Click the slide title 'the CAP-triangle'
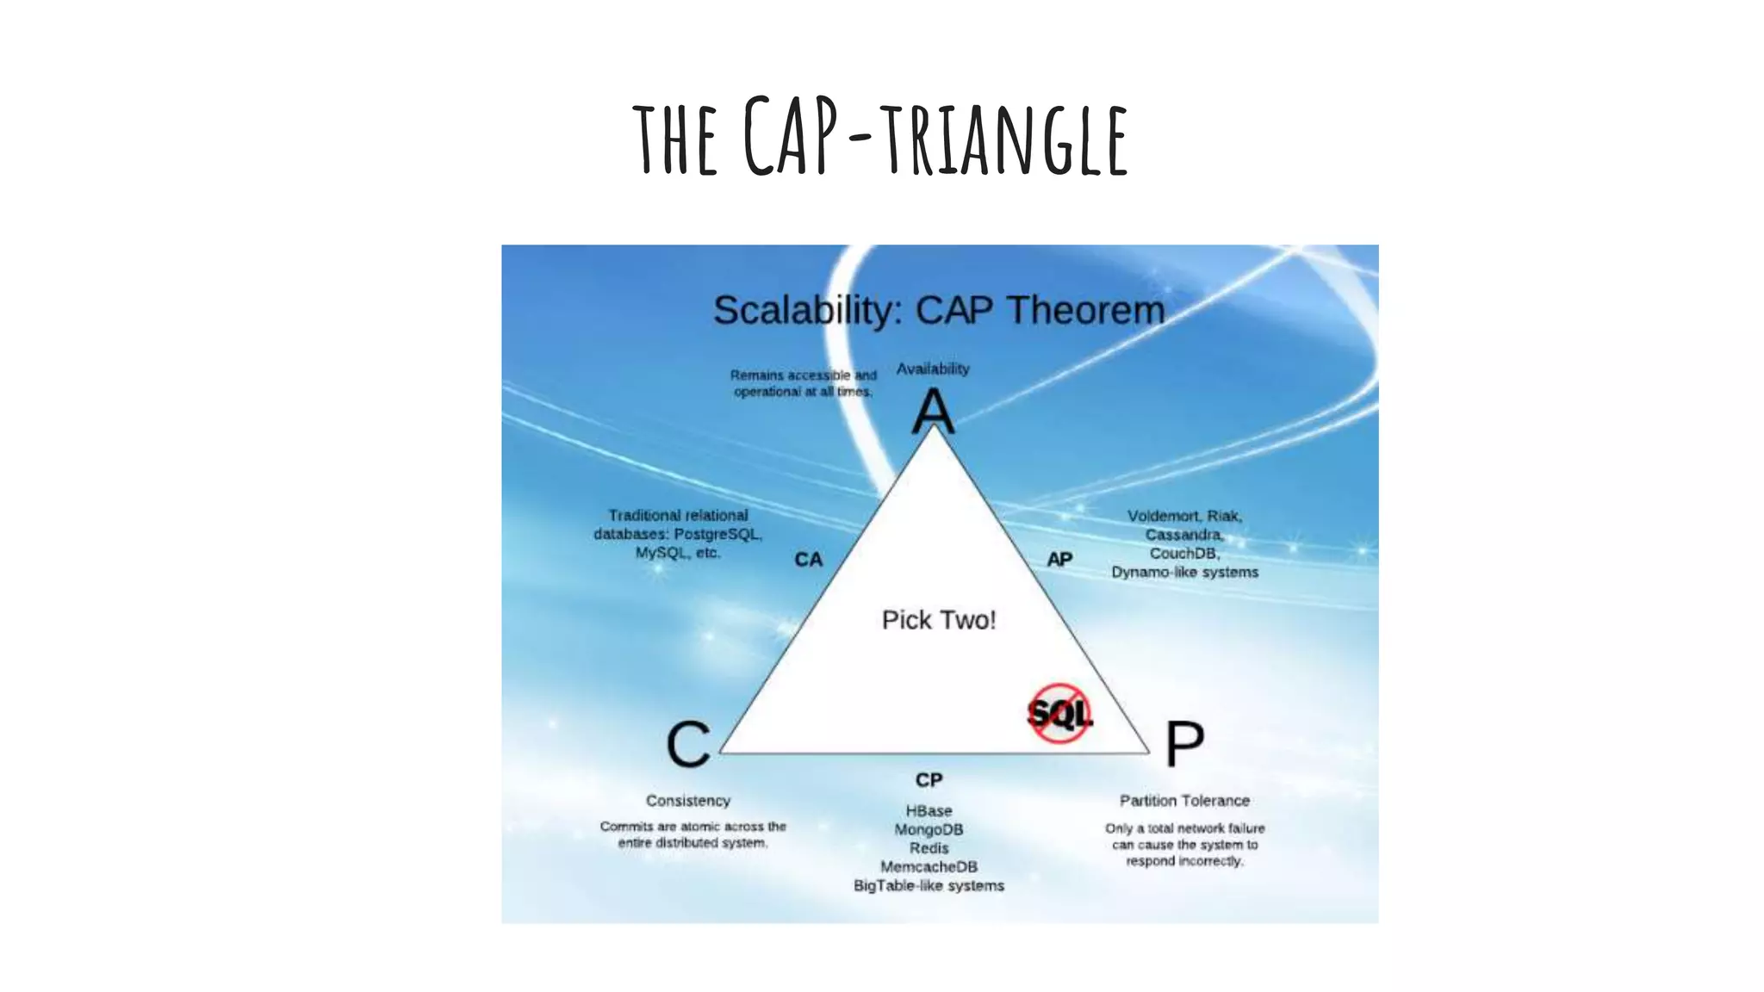click(879, 138)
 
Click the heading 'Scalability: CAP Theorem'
click(938, 310)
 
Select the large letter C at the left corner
click(688, 745)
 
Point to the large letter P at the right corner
click(1184, 743)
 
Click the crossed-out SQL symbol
click(1059, 713)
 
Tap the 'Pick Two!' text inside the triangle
click(938, 620)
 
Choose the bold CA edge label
click(808, 560)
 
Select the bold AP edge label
click(1059, 560)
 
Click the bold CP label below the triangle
click(929, 780)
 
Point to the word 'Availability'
click(933, 369)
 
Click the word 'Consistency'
click(688, 801)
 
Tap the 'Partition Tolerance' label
click(1184, 801)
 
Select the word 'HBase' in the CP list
click(929, 811)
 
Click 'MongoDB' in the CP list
click(929, 829)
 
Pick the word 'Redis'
click(929, 848)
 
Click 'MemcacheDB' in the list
click(929, 866)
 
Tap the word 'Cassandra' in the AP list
click(1183, 535)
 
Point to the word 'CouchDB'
click(1183, 553)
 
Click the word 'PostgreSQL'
click(717, 534)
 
